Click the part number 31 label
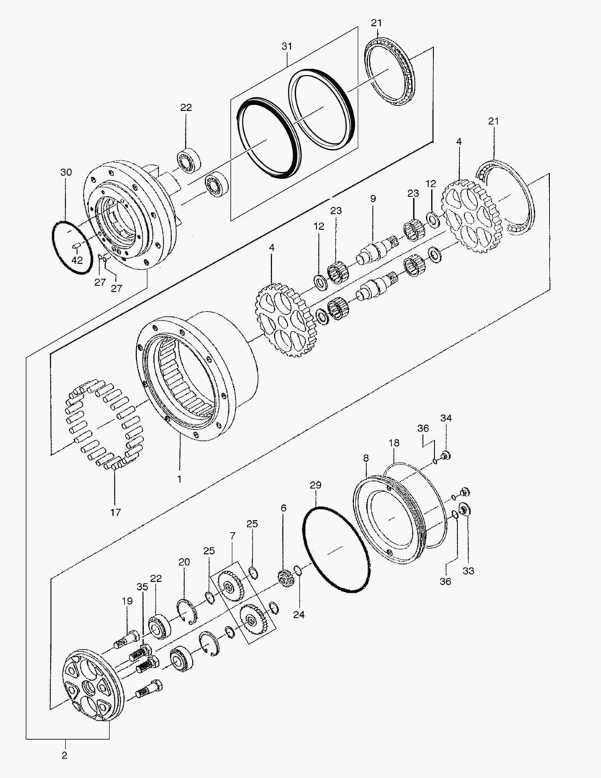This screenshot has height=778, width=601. [x=287, y=46]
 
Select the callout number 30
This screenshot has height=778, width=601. [x=66, y=173]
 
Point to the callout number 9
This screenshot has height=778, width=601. [x=373, y=198]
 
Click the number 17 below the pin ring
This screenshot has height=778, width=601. [x=115, y=512]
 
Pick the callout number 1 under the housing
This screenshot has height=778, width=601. [x=180, y=478]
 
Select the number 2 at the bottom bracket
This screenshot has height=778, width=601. [x=64, y=756]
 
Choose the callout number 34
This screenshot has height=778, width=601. [x=446, y=418]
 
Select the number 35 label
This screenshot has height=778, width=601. [x=143, y=587]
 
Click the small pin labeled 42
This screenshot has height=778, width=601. [x=76, y=246]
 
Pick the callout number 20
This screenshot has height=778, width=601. [x=184, y=562]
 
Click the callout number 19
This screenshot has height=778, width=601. [x=127, y=601]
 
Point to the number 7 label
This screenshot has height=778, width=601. [x=232, y=536]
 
